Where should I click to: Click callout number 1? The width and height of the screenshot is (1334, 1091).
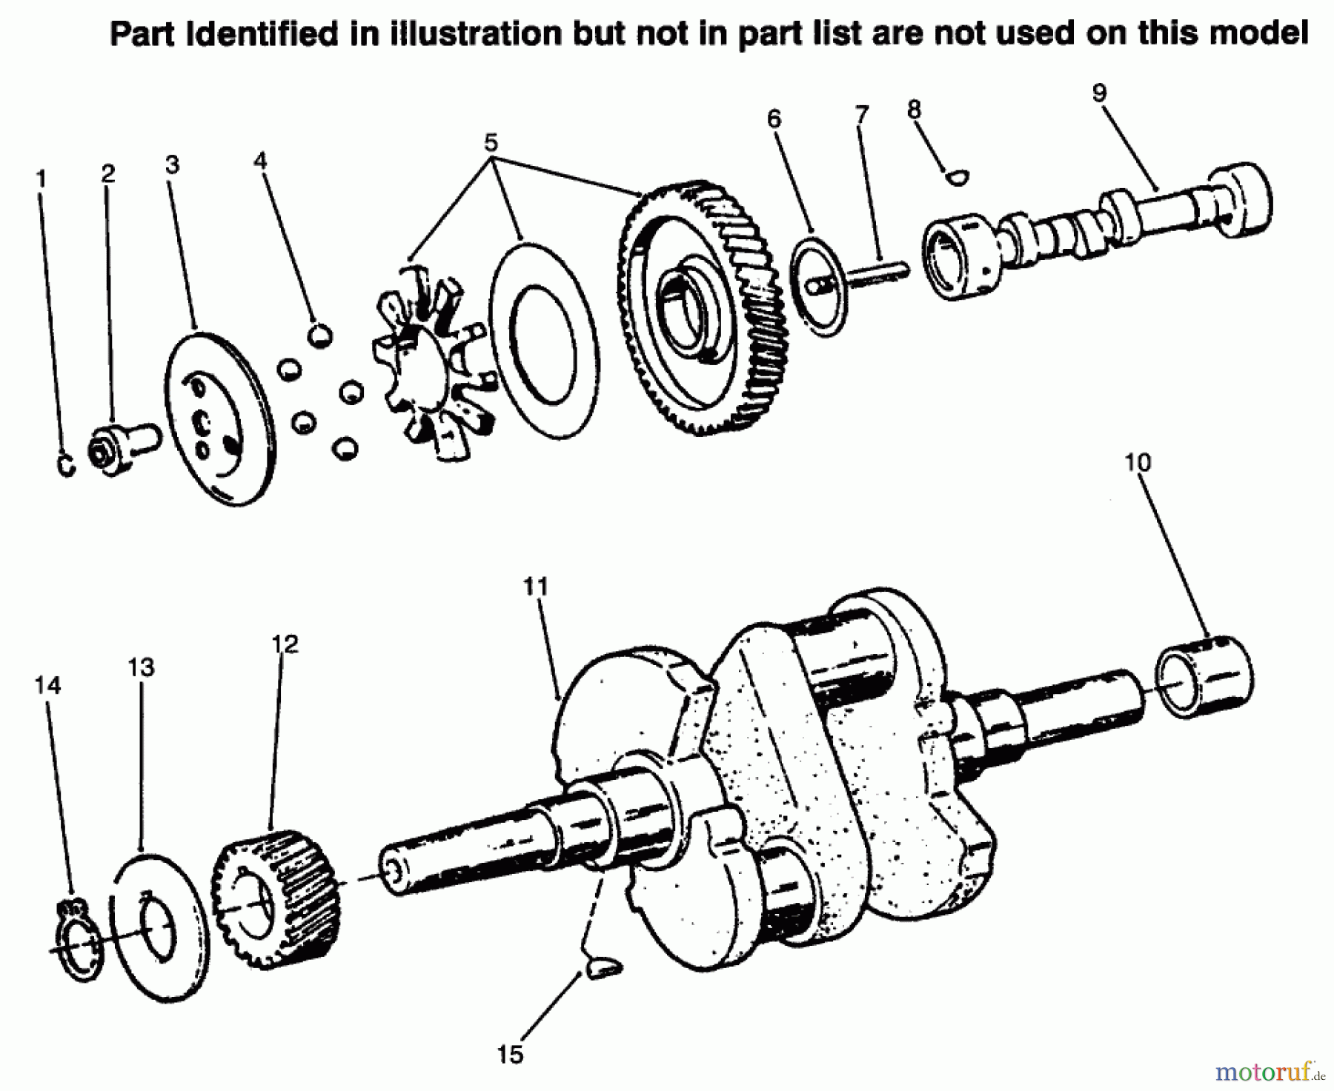[x=42, y=179]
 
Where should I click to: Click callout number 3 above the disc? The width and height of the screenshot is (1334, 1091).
[x=172, y=164]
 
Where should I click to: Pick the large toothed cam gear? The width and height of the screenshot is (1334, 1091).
[x=700, y=307]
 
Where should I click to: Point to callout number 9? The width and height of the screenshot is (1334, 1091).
[x=1099, y=93]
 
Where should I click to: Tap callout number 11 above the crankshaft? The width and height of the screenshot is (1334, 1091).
[x=535, y=587]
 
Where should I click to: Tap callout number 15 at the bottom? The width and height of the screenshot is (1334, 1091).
[x=511, y=1054]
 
